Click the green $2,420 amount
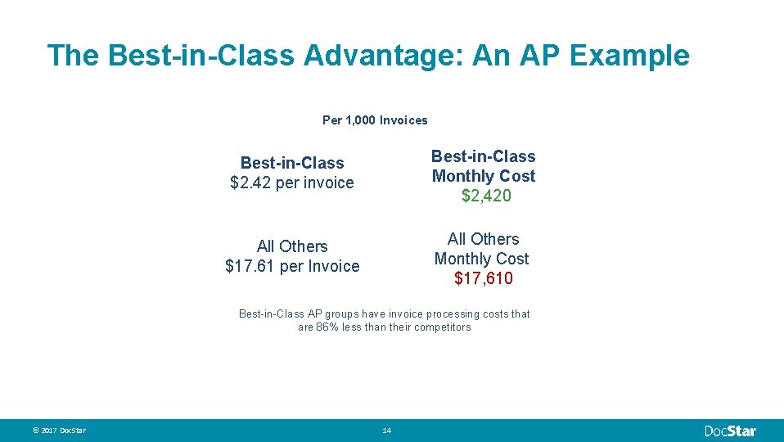(486, 196)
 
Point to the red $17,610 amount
(484, 278)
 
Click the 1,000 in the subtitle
(361, 120)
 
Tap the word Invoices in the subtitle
(403, 120)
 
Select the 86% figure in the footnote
(327, 327)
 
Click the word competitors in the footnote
(442, 327)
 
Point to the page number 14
(387, 431)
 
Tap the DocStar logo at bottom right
(731, 431)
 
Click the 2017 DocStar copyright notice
(59, 431)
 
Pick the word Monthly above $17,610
(464, 259)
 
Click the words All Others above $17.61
(292, 246)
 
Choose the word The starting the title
(74, 56)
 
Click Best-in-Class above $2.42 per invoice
(292, 163)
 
